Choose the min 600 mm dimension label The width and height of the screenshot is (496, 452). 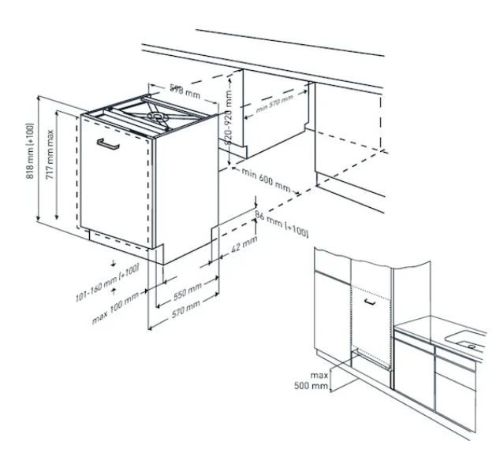click(x=266, y=181)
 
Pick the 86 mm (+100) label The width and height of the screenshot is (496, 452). click(x=282, y=222)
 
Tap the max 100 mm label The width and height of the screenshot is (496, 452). click(x=115, y=298)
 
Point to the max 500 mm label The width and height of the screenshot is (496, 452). click(x=319, y=380)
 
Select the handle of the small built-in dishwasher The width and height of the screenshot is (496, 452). click(x=367, y=300)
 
